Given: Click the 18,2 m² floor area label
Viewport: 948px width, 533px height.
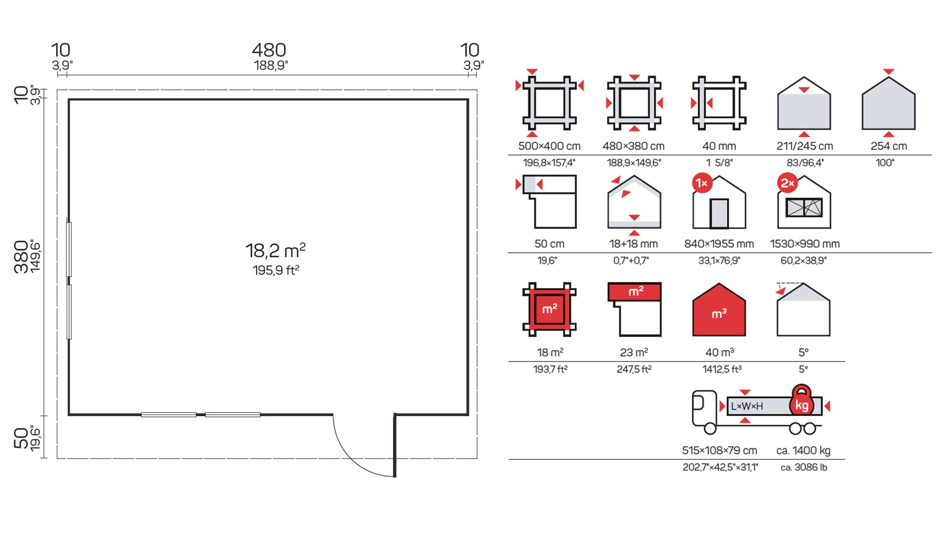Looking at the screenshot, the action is [x=276, y=250].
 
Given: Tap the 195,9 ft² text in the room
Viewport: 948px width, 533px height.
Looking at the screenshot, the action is [x=276, y=270].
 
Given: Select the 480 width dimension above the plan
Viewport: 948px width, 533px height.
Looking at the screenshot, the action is [x=269, y=50].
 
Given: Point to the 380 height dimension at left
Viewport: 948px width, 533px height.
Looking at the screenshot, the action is [x=21, y=257].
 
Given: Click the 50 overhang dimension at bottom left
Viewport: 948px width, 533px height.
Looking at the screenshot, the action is [x=21, y=438].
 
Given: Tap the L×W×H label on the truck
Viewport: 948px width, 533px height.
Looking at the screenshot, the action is [x=747, y=406].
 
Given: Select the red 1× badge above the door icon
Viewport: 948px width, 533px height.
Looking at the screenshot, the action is [x=702, y=183].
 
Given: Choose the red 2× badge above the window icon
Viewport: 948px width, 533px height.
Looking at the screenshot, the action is [x=787, y=183].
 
